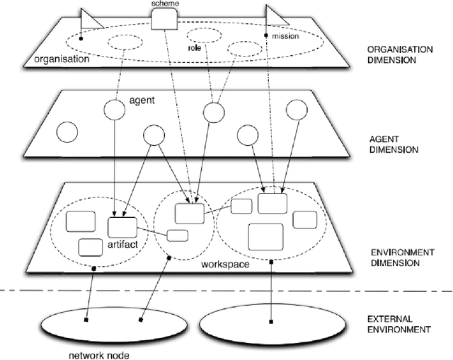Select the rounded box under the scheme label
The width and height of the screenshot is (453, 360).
164,20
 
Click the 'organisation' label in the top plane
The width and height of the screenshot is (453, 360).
62,59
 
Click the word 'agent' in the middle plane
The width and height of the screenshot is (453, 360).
142,101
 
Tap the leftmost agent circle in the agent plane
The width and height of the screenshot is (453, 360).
67,132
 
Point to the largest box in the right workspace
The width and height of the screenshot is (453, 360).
266,236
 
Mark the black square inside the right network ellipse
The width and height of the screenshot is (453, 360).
272,322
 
